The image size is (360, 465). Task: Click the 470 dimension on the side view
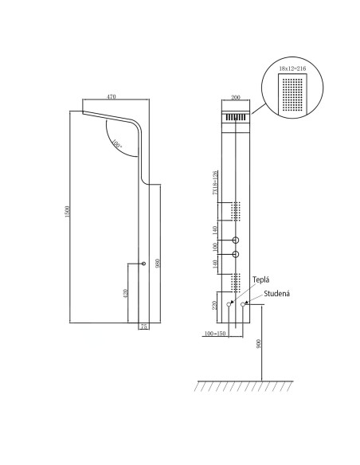[x=112, y=96]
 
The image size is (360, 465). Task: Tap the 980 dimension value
[x=159, y=264]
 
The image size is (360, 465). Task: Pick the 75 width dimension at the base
[x=144, y=326]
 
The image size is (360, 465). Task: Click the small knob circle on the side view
[x=143, y=264]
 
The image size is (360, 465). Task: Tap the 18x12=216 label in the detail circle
[x=292, y=69]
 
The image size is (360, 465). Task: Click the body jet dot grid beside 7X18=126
[x=236, y=211]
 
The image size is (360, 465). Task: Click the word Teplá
[x=261, y=280]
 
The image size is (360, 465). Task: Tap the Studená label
[x=276, y=293]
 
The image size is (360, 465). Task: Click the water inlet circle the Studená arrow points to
[x=242, y=304]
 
